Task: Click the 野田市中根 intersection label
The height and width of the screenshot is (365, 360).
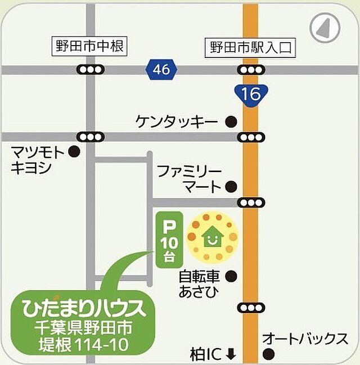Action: point(89,47)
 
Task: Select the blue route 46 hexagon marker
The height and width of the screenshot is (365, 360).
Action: point(160,70)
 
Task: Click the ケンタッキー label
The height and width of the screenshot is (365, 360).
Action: point(177,121)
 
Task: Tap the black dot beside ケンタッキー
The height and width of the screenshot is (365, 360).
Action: point(230,121)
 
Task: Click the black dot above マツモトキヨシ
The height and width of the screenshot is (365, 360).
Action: point(74,151)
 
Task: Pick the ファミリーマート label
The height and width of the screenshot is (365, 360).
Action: point(189,178)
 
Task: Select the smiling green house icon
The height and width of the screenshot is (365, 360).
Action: point(213,237)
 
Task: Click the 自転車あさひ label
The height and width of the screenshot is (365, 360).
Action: point(200,284)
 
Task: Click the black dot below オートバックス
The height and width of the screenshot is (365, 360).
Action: point(268,354)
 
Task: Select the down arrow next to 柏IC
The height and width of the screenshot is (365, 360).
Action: point(231,354)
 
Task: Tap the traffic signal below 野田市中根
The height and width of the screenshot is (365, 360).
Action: point(91,70)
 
